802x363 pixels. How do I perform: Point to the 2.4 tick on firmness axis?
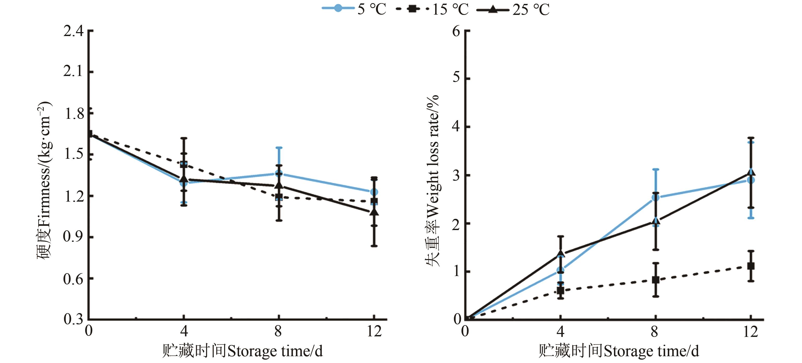(73, 31)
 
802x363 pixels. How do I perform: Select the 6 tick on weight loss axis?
(456, 31)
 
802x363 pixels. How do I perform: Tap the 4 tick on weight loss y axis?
(456, 127)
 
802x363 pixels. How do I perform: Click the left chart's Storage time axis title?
(242, 351)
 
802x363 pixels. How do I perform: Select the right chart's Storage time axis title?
(619, 351)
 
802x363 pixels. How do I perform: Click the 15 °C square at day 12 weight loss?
(751, 266)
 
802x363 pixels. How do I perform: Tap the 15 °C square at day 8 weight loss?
(656, 280)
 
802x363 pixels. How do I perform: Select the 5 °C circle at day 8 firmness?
(279, 173)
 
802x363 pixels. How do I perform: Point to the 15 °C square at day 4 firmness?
(184, 164)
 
